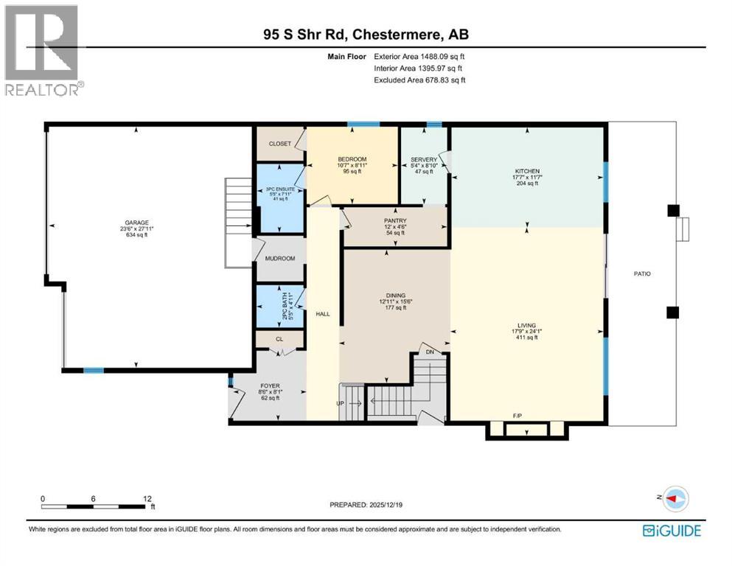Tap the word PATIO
[641, 273]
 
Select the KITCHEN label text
[527, 170]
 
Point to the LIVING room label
[526, 324]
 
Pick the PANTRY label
[395, 220]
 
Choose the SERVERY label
[424, 160]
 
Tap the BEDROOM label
[352, 160]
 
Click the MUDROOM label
[279, 259]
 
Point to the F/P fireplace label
[517, 416]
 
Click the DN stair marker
[432, 352]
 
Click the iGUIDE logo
[671, 530]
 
